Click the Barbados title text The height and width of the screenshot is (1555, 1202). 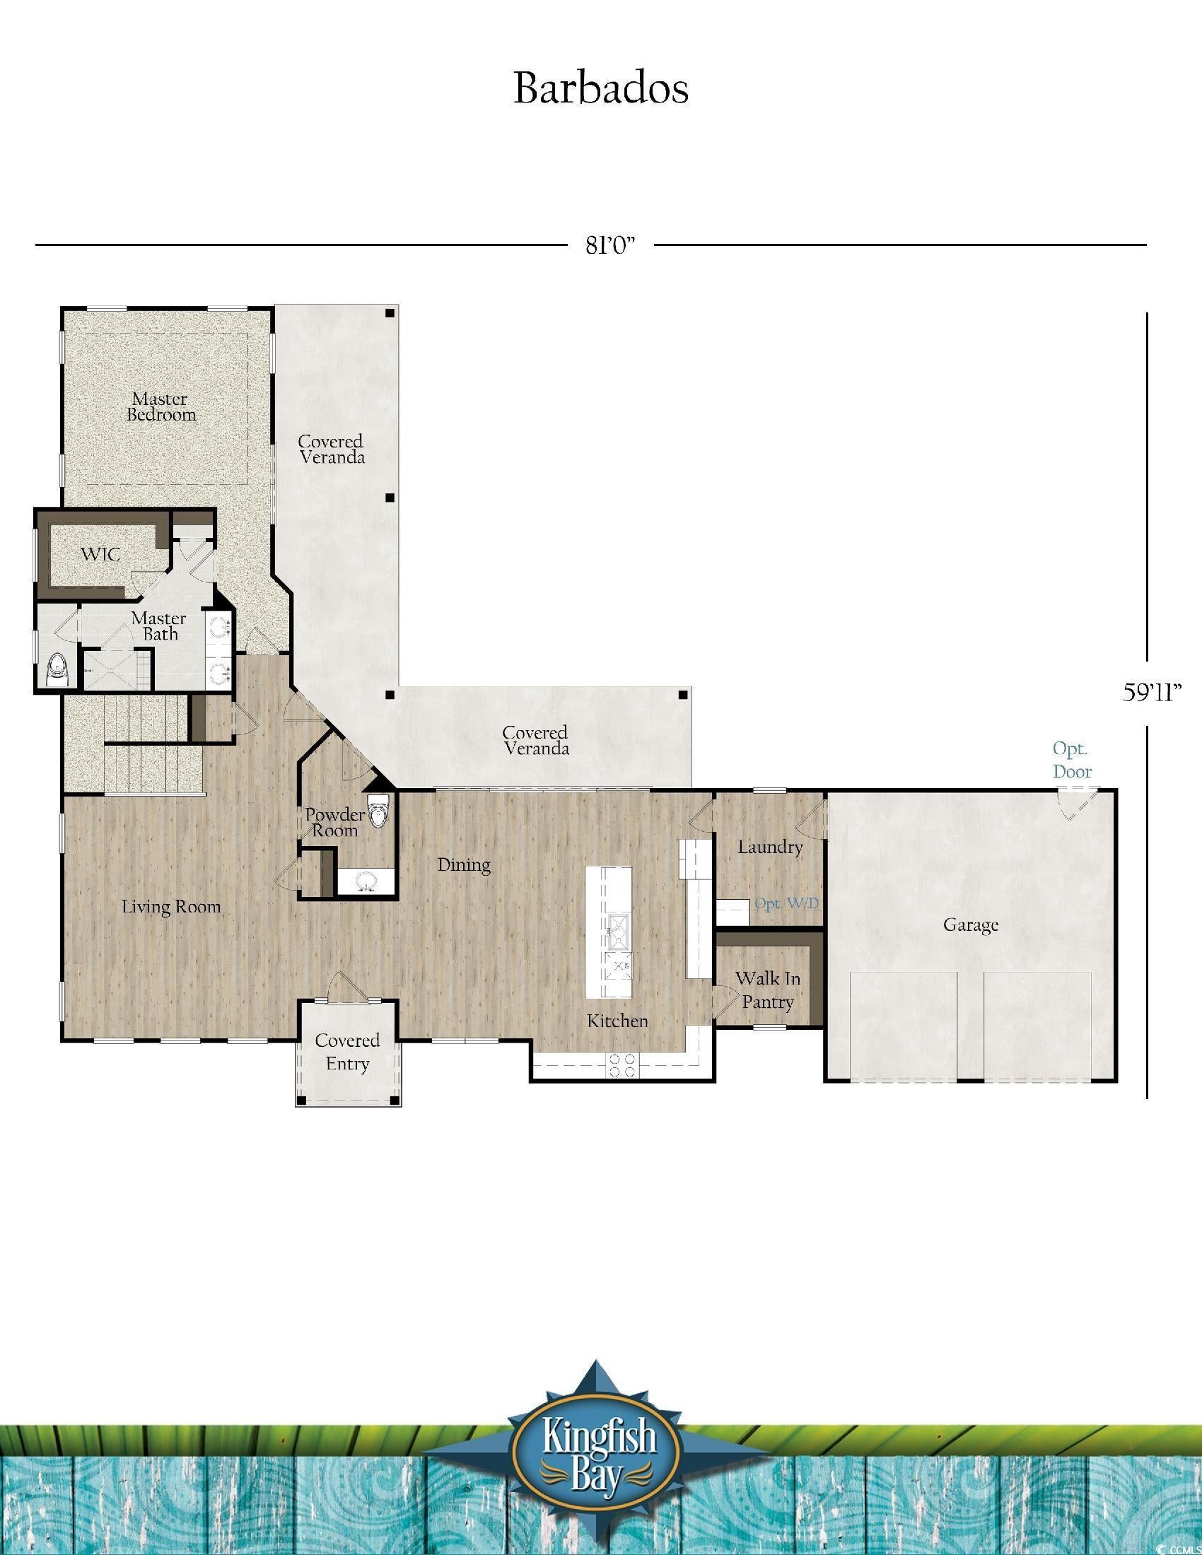600,89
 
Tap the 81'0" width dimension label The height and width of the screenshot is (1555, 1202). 609,245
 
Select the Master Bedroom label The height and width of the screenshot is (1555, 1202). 161,406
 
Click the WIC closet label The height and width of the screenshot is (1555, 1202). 100,554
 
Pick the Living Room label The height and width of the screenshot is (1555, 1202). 171,907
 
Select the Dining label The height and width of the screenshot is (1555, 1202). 464,865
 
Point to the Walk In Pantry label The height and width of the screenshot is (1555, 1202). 767,990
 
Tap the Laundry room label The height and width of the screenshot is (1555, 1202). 770,847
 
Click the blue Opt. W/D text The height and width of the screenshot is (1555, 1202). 786,903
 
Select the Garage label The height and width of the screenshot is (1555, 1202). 971,925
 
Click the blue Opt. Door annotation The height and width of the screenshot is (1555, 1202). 1072,760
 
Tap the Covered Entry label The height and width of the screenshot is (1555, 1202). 346,1052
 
